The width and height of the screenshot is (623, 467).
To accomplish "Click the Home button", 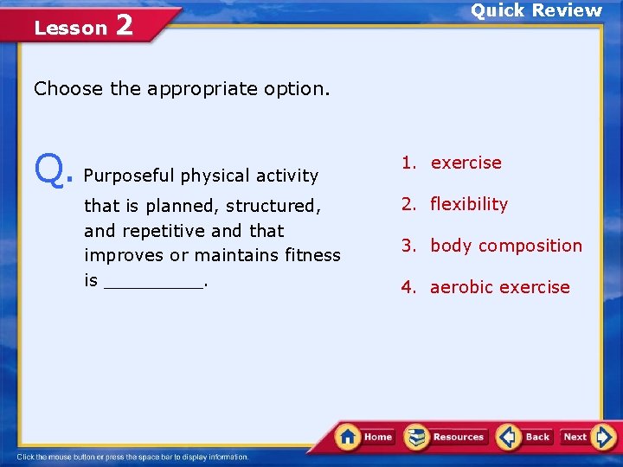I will [365, 437].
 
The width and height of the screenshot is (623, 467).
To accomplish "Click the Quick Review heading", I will [536, 10].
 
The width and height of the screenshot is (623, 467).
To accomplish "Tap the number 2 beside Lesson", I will [124, 25].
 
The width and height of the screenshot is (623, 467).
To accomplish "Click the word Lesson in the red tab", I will [70, 28].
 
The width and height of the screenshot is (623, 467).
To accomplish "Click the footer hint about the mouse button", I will [132, 457].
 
